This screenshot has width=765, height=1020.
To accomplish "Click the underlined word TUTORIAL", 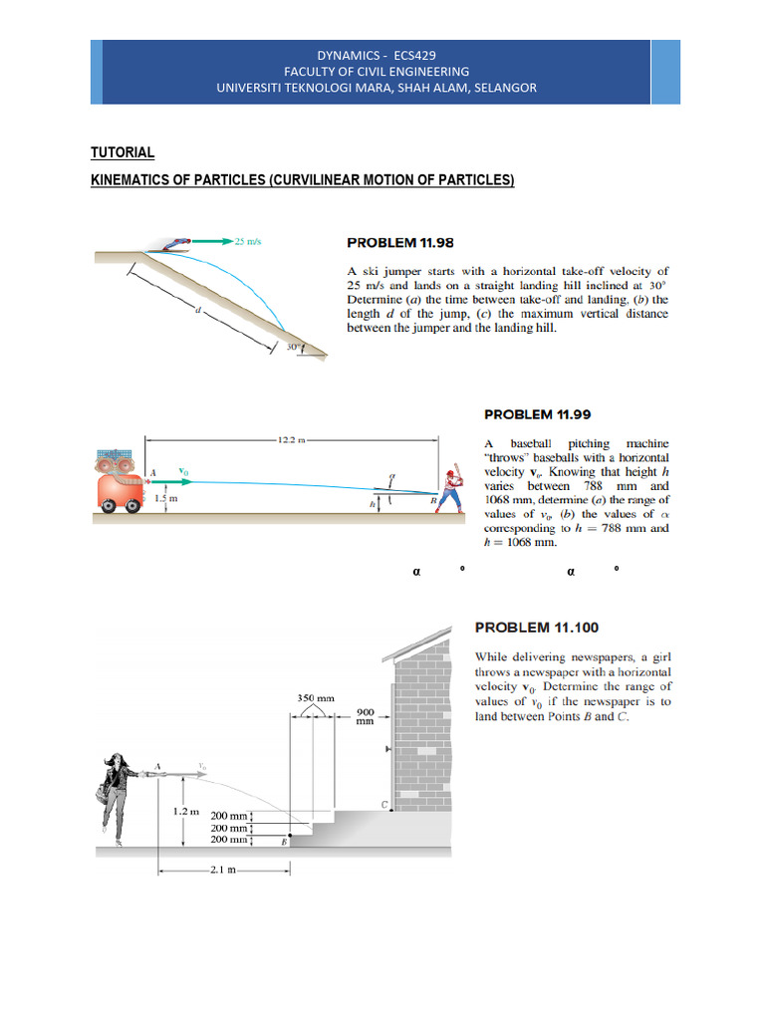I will coord(123,152).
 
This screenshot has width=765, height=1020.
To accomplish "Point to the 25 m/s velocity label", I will coord(246,240).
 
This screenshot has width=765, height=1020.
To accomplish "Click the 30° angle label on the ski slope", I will coord(293,348).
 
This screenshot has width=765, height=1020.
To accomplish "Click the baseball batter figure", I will coord(451,487).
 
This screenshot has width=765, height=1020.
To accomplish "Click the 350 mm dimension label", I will coord(315,698).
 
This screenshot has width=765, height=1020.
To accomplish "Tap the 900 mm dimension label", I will coord(366,718).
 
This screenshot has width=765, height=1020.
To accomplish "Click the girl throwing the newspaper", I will coord(116,793).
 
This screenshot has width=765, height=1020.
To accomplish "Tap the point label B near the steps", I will coord(283,841).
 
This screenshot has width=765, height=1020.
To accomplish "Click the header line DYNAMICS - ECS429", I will coord(377,56).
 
